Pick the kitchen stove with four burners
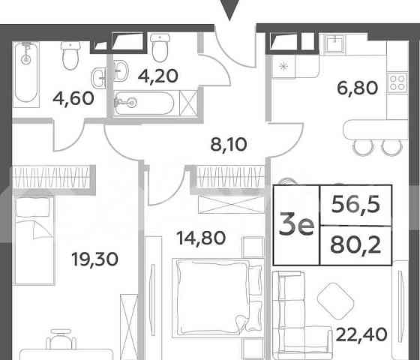[394, 82]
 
